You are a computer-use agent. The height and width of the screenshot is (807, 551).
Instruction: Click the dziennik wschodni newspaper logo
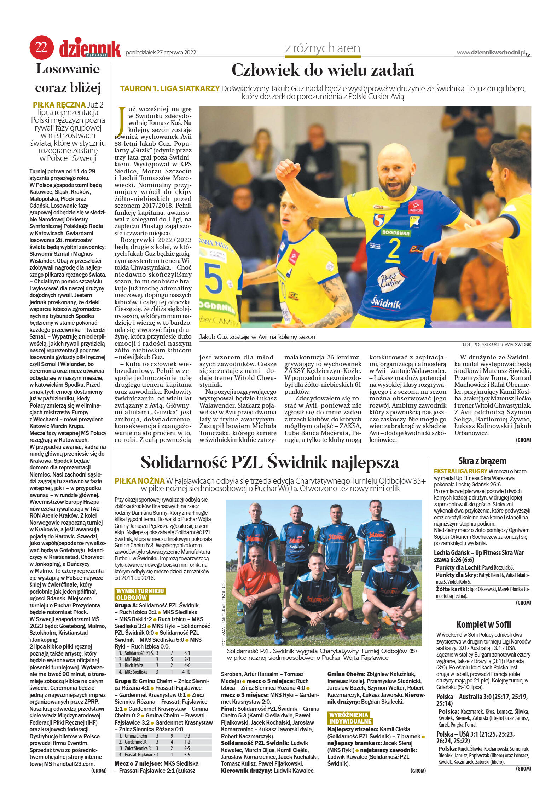pyautogui.click(x=90, y=48)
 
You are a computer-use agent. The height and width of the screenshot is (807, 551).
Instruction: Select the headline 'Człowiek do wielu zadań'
pyautogui.click(x=323, y=70)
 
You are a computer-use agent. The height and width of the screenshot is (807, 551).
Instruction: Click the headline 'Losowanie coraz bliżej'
pyautogui.click(x=68, y=78)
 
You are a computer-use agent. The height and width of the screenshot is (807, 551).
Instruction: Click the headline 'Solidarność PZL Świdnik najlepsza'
pyautogui.click(x=270, y=462)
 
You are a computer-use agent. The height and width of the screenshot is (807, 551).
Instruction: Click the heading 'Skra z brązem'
pyautogui.click(x=482, y=461)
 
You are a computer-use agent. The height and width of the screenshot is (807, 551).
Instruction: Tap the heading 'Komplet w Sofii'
pyautogui.click(x=483, y=624)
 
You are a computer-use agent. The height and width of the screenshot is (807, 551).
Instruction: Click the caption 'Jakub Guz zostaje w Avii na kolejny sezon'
pyautogui.click(x=257, y=337)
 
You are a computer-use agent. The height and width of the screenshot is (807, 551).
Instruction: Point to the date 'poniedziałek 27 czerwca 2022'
pyautogui.click(x=161, y=53)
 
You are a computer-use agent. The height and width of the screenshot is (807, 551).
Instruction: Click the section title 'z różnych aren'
pyautogui.click(x=323, y=48)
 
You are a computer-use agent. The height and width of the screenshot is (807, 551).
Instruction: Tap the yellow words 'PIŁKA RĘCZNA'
pyautogui.click(x=59, y=105)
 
